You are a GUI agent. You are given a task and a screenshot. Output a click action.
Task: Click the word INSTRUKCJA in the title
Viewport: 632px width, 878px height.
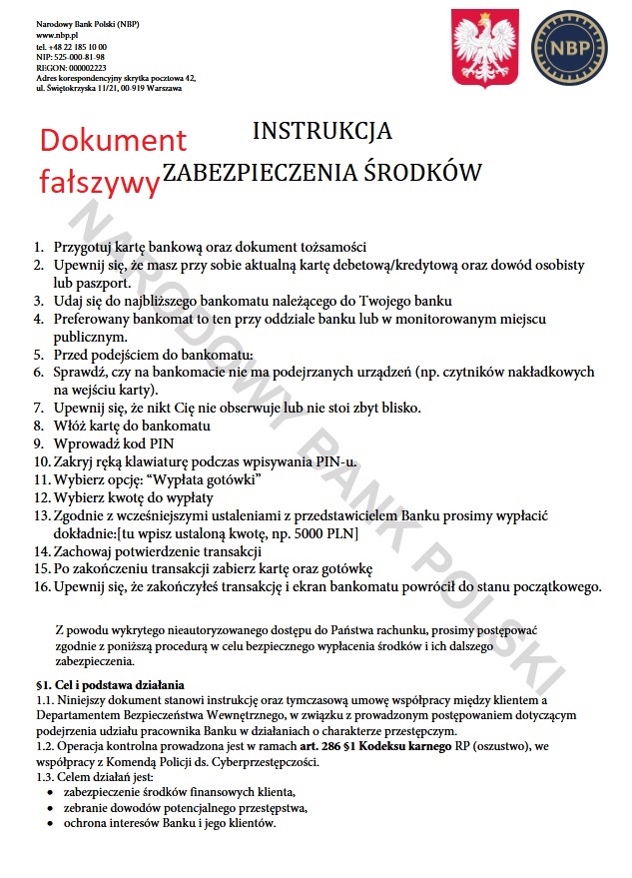click(x=321, y=131)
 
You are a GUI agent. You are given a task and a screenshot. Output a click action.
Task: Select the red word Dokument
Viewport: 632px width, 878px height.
click(x=113, y=141)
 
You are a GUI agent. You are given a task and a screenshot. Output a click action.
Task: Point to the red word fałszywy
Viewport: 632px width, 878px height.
click(x=99, y=180)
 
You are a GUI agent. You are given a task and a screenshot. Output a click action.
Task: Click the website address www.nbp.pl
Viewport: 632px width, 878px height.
click(x=57, y=35)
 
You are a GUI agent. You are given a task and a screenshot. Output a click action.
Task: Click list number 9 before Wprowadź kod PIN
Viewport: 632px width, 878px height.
click(x=39, y=443)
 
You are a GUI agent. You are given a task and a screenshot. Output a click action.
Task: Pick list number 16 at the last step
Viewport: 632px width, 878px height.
click(x=41, y=586)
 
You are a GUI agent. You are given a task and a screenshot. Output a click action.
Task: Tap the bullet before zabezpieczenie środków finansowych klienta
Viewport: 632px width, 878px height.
click(x=51, y=792)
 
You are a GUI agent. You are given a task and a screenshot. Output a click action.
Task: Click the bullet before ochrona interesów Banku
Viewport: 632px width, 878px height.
click(x=51, y=824)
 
